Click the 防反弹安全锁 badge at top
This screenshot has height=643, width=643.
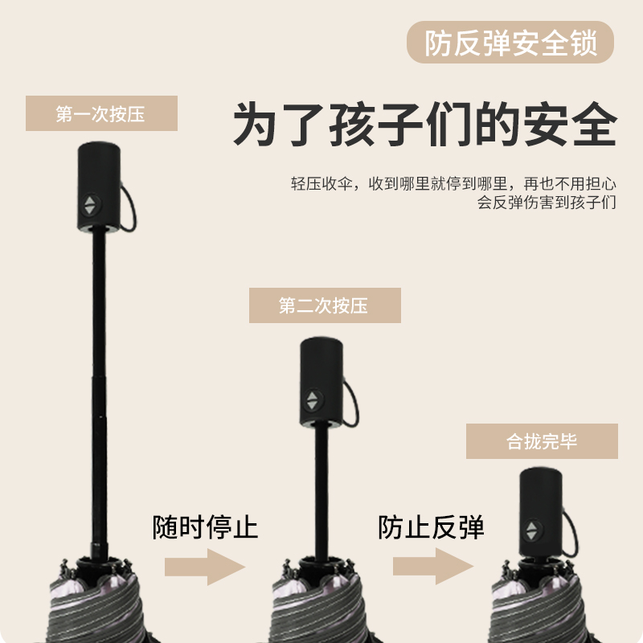click(x=511, y=43)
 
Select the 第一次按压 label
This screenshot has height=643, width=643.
click(x=100, y=113)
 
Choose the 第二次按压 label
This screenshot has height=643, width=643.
click(x=324, y=305)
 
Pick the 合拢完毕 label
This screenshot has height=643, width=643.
click(x=542, y=441)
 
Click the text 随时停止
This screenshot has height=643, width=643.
click(x=206, y=528)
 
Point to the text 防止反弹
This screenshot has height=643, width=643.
click(x=432, y=528)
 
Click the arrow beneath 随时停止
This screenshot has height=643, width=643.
click(x=205, y=567)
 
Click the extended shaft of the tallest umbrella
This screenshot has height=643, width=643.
click(x=99, y=386)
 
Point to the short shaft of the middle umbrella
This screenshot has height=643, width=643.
click(x=321, y=490)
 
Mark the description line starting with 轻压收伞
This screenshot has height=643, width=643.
click(x=453, y=184)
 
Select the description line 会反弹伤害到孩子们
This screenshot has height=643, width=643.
click(x=547, y=203)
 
